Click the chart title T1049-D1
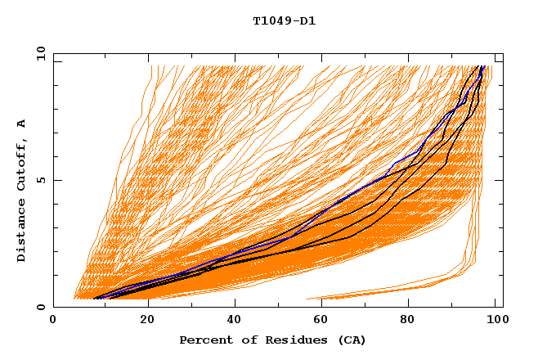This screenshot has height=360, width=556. click(284, 21)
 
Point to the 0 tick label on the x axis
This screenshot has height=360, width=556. click(54, 320)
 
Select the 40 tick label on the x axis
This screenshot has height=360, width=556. click(235, 320)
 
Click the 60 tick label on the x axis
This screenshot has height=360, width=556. click(324, 320)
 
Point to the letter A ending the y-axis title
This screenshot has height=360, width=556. click(22, 124)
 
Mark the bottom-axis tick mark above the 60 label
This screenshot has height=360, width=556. click(324, 304)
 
